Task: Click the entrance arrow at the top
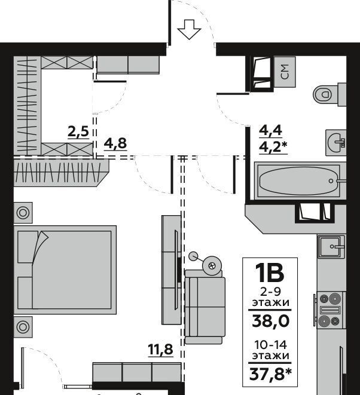click(189, 29)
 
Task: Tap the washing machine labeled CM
click(285, 72)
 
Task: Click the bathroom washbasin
click(336, 142)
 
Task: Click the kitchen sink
click(331, 247)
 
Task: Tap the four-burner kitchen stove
click(330, 310)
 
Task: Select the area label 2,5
click(78, 131)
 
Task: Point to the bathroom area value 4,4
click(270, 130)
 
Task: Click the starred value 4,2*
click(273, 146)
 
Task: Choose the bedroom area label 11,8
click(161, 350)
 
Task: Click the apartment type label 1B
click(270, 273)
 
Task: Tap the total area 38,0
click(270, 321)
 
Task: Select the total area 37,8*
click(270, 374)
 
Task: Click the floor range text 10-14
click(270, 345)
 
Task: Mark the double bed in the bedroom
click(65, 270)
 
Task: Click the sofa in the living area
click(205, 307)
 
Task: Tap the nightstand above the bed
click(23, 213)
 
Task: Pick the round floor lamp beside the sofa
click(212, 265)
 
